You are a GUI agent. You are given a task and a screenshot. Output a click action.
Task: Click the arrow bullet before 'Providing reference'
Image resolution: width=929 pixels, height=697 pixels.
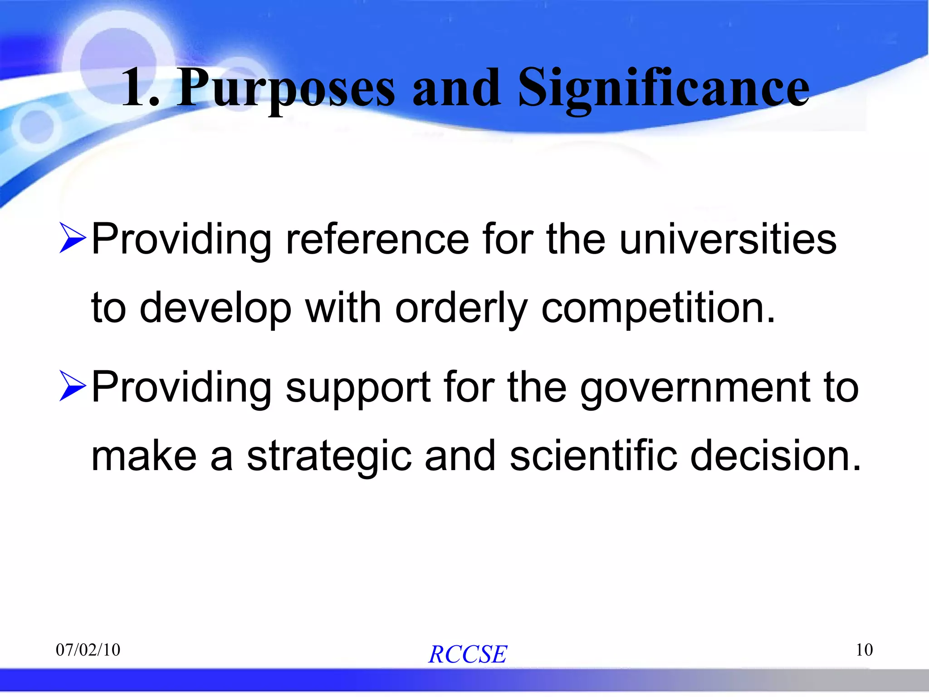point(72,239)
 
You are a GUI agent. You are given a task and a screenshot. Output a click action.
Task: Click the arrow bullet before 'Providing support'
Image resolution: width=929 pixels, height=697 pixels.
point(72,387)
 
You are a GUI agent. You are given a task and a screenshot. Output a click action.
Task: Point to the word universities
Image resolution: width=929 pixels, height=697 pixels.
point(728,239)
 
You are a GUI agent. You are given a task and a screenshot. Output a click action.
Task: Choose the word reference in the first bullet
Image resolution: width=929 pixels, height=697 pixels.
point(377,239)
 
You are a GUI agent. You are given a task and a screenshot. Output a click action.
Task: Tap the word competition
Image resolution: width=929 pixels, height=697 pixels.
point(658,308)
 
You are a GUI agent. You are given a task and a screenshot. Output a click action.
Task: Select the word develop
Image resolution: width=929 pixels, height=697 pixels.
point(215,308)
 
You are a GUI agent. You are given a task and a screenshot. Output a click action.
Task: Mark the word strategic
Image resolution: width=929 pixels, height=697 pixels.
point(329,456)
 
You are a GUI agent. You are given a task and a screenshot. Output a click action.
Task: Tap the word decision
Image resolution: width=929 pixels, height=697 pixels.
point(775,456)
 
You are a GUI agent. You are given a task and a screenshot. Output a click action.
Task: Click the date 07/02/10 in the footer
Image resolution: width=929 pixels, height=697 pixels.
point(88,650)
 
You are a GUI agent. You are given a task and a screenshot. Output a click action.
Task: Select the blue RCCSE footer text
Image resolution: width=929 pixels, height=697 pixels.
point(467,654)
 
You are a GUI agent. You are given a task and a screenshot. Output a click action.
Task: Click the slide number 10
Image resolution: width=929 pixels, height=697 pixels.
point(864,650)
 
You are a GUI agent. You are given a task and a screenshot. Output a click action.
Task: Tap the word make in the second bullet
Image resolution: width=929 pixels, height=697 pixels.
point(144,456)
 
